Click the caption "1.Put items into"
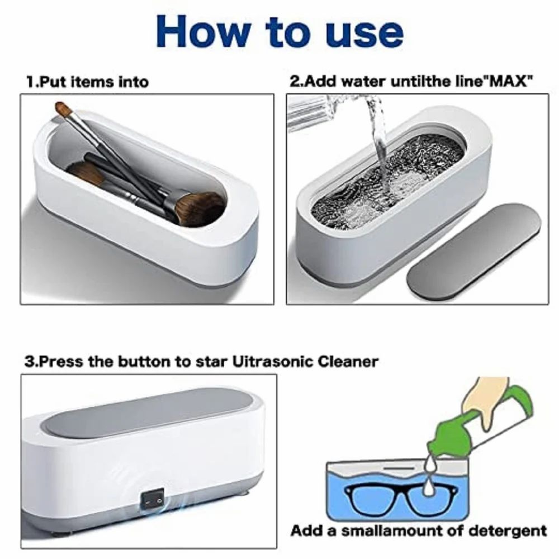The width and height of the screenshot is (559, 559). pos(88,82)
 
